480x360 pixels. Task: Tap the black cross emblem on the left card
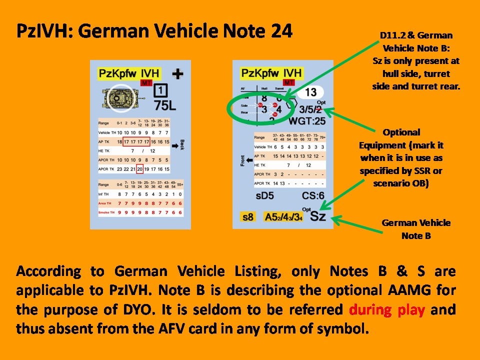[177, 74]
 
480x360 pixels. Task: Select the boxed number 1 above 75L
[160, 91]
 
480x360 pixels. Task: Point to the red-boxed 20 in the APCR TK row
[139, 169]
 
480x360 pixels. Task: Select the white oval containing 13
[311, 92]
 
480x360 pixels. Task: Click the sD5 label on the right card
[265, 195]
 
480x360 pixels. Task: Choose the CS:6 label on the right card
[313, 195]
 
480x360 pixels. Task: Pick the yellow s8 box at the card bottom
[247, 217]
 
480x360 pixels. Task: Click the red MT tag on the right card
[288, 82]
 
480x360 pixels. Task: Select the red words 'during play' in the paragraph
[387, 309]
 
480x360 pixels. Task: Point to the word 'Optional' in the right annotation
[401, 132]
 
